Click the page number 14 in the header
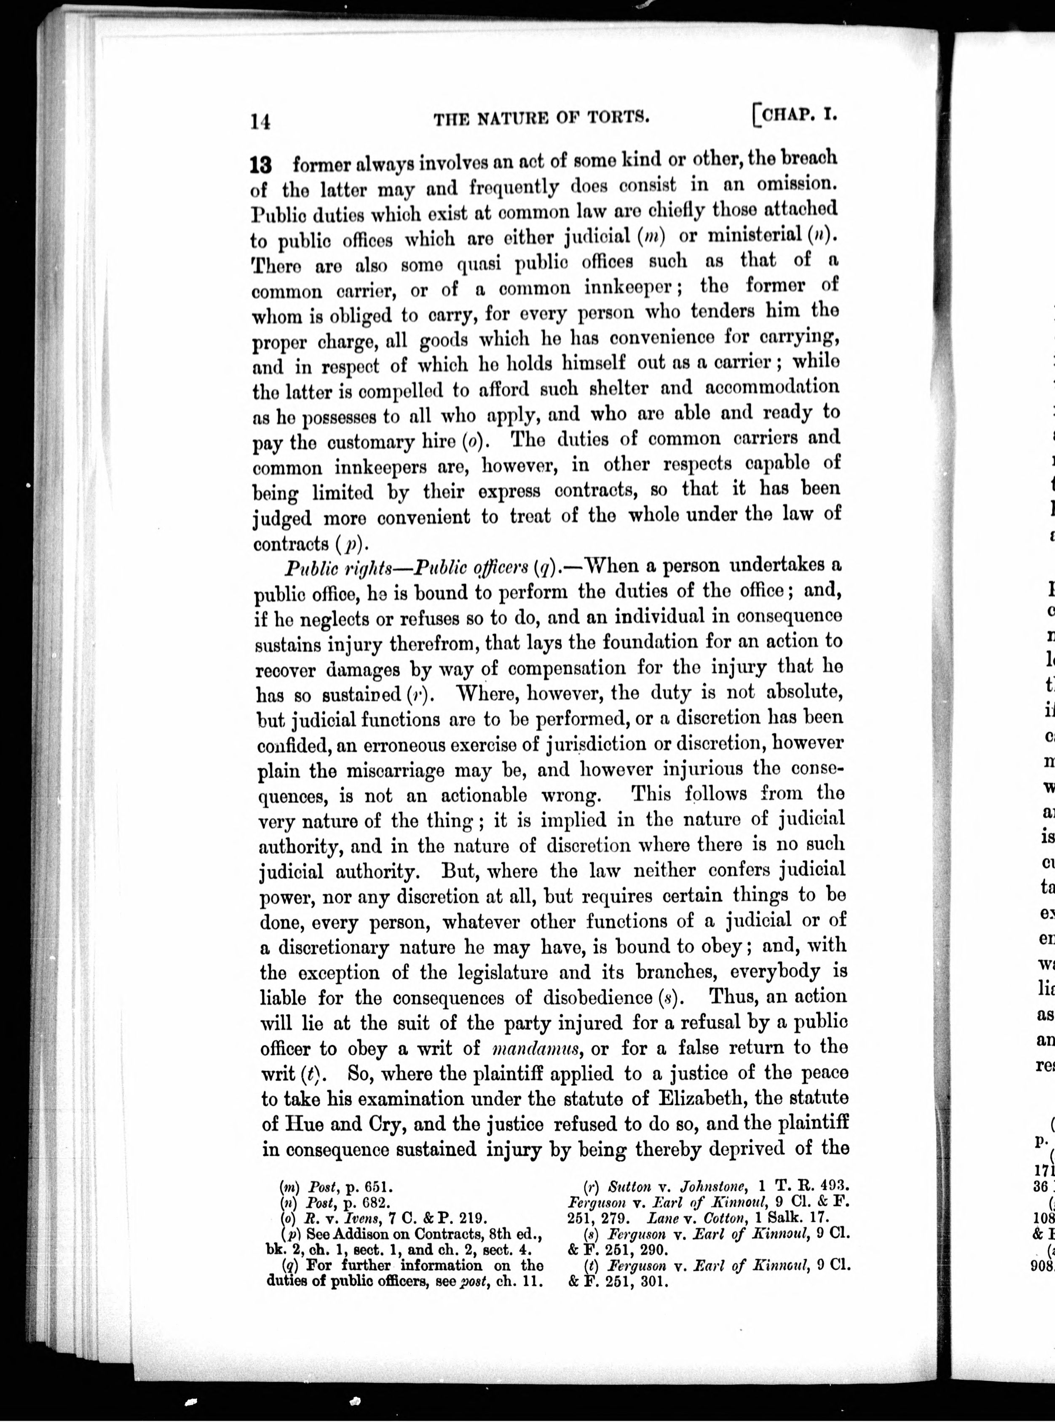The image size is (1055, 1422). click(260, 120)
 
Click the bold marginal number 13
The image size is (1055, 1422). click(261, 166)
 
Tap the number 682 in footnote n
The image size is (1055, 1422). click(372, 1203)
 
